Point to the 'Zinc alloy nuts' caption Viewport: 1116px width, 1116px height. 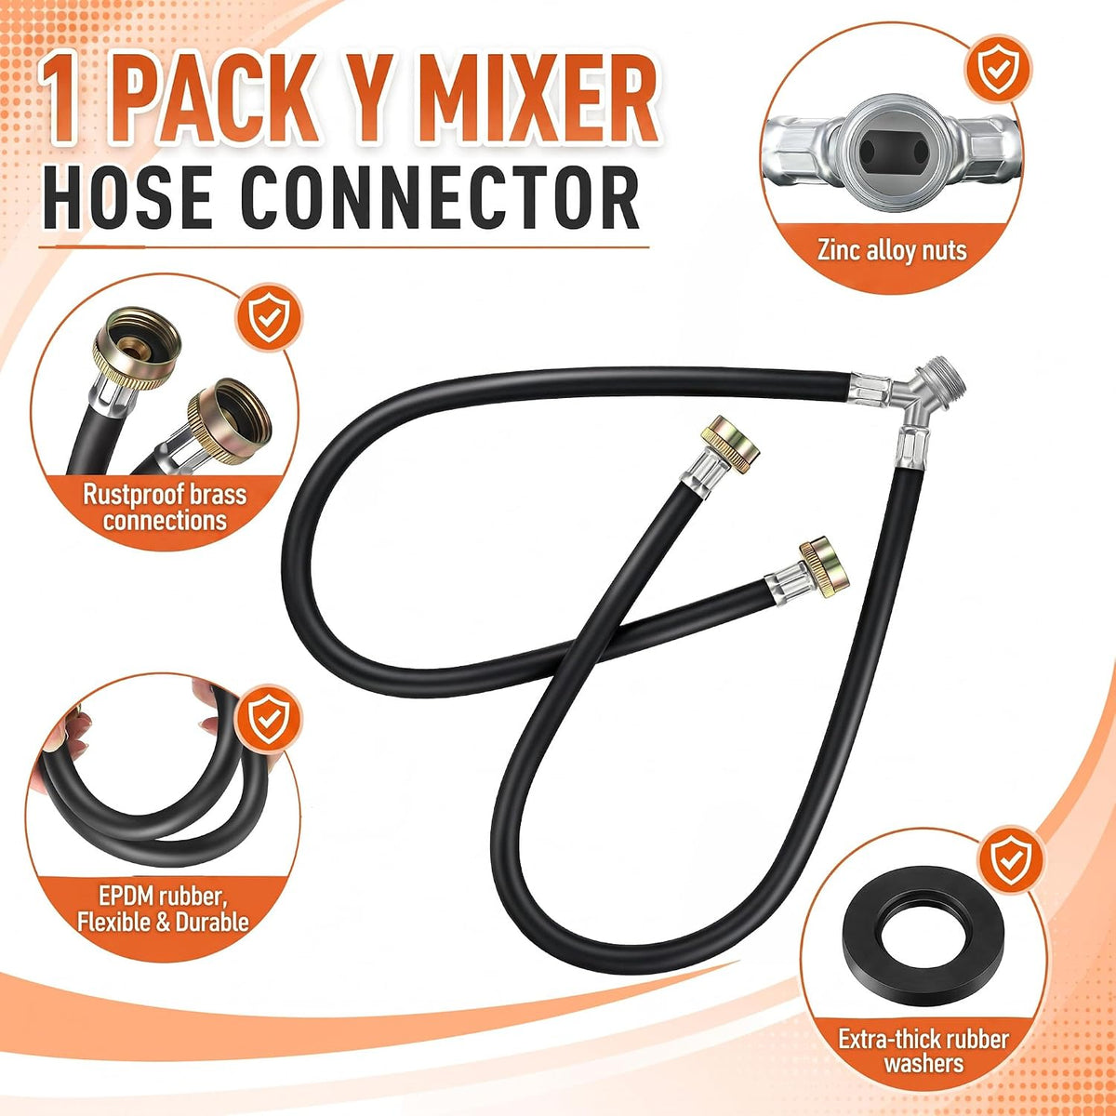(892, 251)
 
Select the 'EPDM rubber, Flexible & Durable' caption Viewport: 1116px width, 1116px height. (163, 908)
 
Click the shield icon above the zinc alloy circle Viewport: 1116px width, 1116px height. (995, 69)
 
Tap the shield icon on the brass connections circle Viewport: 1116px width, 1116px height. (269, 318)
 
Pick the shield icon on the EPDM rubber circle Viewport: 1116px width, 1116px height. (268, 720)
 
